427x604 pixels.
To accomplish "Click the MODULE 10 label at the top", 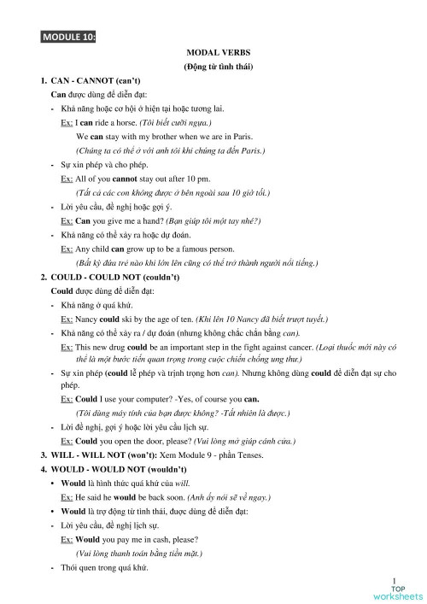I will pyautogui.click(x=67, y=37).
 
